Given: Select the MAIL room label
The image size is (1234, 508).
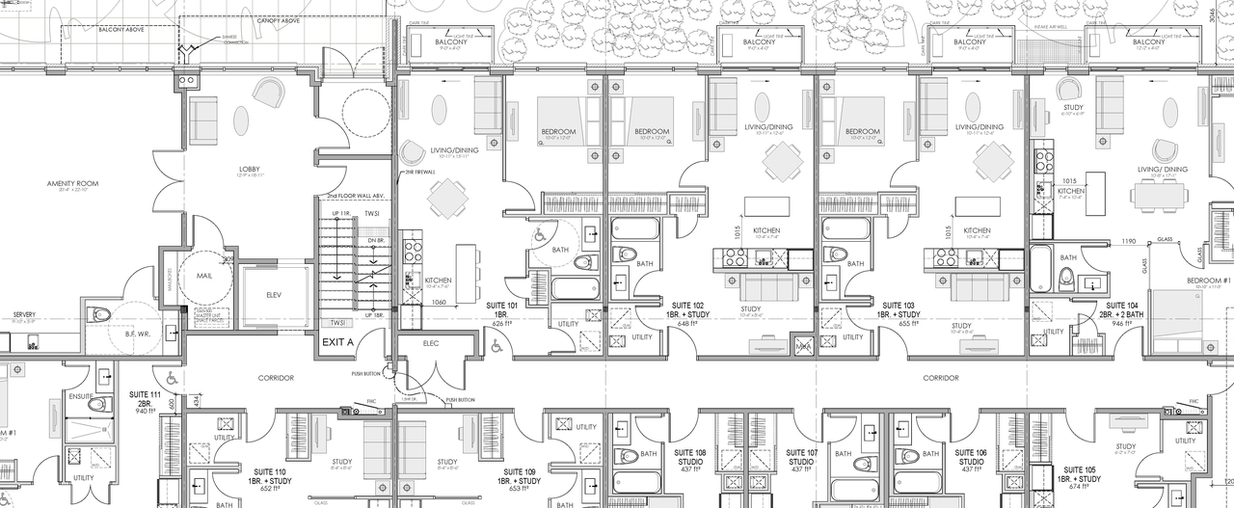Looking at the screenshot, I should pos(204,274).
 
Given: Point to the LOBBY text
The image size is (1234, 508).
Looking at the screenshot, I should pos(250,168).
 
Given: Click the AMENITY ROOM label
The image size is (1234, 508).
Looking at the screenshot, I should pos(73,181).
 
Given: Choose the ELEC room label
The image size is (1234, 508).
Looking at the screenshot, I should pos(431,342).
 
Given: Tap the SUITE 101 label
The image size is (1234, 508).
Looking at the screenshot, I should pos(502,304).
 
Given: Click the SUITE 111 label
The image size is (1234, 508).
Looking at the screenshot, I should pos(146,394).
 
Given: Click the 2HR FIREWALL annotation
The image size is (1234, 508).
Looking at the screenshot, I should pos(419,173).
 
